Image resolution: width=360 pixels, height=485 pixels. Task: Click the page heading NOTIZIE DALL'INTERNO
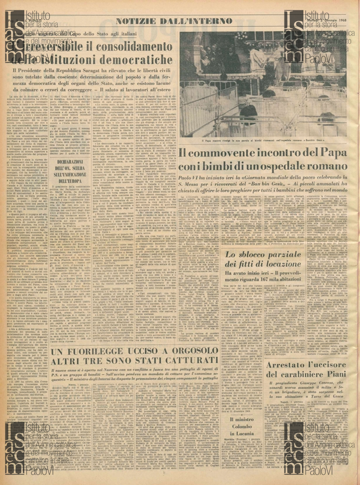173,21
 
